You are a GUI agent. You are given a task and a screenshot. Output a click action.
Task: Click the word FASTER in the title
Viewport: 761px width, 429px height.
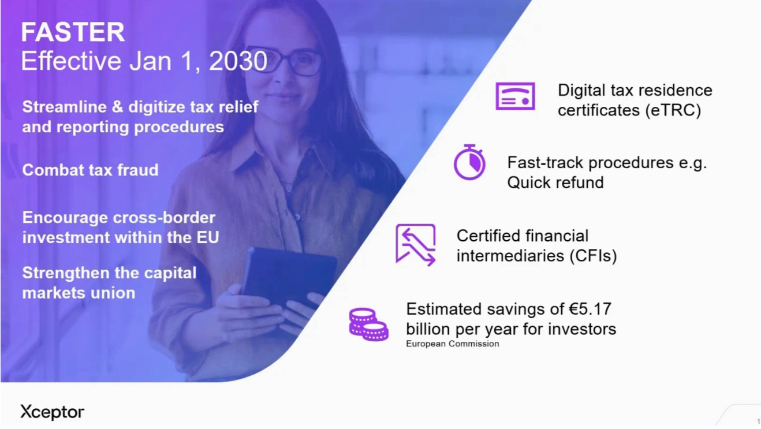coord(73,32)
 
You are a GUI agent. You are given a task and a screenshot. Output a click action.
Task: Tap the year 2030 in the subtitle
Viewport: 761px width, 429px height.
coord(238,61)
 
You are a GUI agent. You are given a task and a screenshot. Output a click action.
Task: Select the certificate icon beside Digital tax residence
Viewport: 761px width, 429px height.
coord(515,96)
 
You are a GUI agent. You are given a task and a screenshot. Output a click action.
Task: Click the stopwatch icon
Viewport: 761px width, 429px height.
coord(469,162)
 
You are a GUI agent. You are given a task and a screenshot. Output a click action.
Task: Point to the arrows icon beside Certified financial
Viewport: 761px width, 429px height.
coord(416,245)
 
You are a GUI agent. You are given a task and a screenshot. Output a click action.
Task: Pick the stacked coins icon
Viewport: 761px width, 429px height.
coord(368,324)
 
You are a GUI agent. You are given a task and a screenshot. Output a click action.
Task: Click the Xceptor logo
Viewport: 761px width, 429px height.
coord(52,412)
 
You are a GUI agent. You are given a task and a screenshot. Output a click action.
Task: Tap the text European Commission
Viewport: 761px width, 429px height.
coord(453,344)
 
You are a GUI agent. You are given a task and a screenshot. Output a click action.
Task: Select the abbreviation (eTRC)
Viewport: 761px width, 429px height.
coord(673,110)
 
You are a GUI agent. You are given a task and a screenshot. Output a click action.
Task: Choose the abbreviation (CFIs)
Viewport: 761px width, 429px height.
coord(593,256)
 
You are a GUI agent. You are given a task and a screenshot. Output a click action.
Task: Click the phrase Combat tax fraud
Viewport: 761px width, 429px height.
coord(91,170)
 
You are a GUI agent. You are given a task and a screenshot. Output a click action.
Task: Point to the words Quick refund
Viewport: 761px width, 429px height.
coord(555,182)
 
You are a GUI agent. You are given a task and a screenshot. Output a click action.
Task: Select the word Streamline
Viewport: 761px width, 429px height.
coord(64,107)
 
